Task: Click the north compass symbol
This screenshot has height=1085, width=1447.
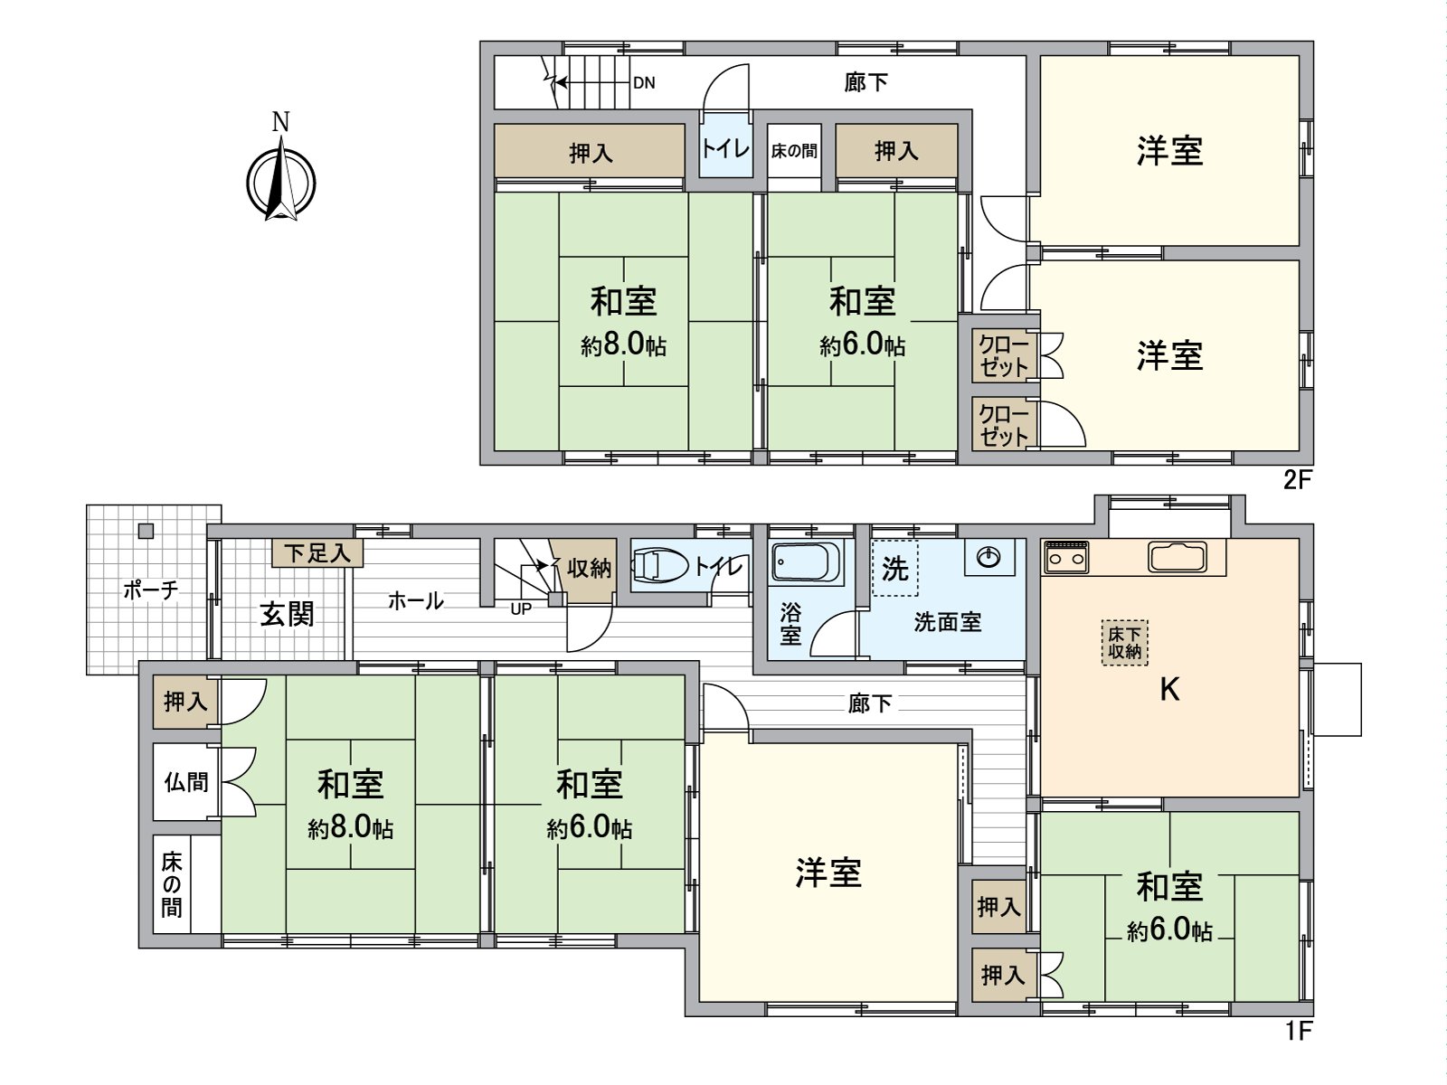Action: (x=281, y=181)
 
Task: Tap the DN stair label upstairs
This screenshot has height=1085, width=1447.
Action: (x=644, y=83)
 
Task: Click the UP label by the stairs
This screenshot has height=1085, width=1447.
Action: (x=521, y=609)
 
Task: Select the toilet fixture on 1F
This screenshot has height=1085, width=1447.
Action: (x=659, y=566)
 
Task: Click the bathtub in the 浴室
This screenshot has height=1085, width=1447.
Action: (x=807, y=561)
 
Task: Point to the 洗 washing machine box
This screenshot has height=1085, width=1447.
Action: (x=894, y=569)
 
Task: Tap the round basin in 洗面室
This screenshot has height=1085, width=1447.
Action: (x=989, y=557)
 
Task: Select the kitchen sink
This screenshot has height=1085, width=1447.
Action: (x=1177, y=557)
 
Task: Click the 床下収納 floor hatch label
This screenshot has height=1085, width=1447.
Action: (x=1124, y=643)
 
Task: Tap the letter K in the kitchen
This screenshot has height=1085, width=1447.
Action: (x=1169, y=690)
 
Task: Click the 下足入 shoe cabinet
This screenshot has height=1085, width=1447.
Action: (x=317, y=552)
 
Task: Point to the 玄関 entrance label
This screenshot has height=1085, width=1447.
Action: (x=287, y=615)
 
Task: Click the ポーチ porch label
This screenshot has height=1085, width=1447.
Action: (x=150, y=590)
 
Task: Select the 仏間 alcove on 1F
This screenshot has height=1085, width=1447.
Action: (x=186, y=782)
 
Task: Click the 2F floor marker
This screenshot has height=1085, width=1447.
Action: (x=1297, y=480)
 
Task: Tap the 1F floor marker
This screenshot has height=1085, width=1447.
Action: (x=1298, y=1030)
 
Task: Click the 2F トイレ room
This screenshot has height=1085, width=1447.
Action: (x=725, y=147)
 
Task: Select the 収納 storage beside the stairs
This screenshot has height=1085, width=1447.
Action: (x=589, y=569)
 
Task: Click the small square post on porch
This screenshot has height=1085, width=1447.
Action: (x=146, y=531)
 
